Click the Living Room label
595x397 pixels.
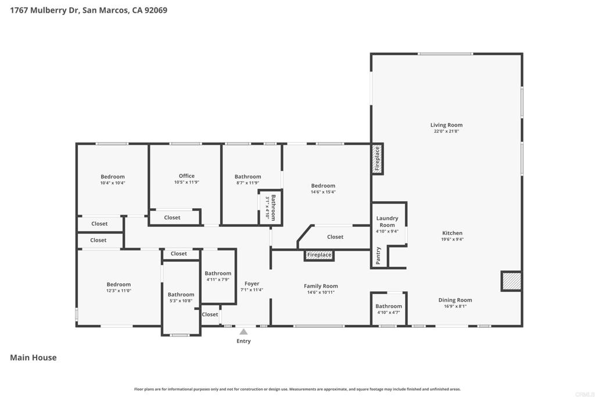(x=446, y=125)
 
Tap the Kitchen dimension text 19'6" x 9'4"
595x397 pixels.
(x=452, y=239)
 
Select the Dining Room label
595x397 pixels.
(x=455, y=300)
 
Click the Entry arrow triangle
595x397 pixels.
(x=243, y=332)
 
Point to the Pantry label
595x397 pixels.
(x=378, y=255)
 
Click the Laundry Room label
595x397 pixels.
(x=387, y=221)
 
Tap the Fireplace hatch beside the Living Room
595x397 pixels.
(x=377, y=159)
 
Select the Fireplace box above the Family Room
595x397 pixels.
(x=319, y=255)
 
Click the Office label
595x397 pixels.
(x=187, y=176)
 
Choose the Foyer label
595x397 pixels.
(x=252, y=284)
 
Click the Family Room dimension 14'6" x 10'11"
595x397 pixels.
(x=321, y=292)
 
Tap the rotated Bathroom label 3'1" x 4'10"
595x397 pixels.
(x=270, y=208)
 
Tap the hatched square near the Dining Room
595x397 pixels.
(x=511, y=281)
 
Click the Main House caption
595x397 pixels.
(x=33, y=357)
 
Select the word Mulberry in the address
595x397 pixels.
(x=54, y=10)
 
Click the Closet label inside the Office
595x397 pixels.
(x=172, y=217)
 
